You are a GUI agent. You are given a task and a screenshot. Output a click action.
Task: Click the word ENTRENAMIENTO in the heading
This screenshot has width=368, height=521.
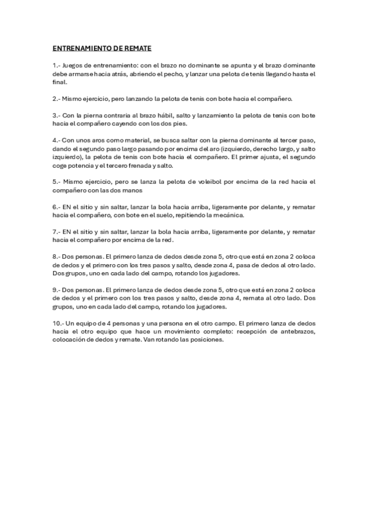80,47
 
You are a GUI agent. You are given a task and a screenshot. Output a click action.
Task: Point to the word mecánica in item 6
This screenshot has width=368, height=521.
230,216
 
